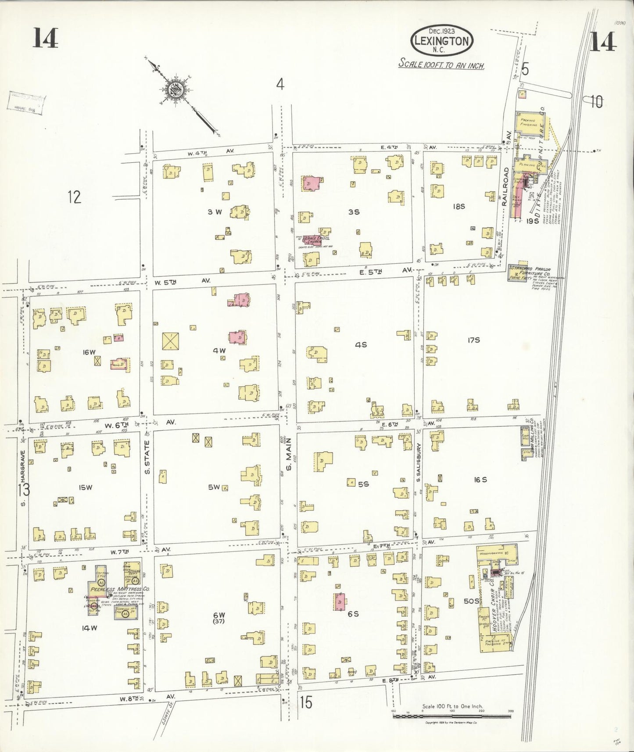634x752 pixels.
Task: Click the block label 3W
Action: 215,212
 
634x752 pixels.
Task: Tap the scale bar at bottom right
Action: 452,716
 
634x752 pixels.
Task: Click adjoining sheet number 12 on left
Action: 75,197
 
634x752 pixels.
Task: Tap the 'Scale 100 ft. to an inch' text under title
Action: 441,64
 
